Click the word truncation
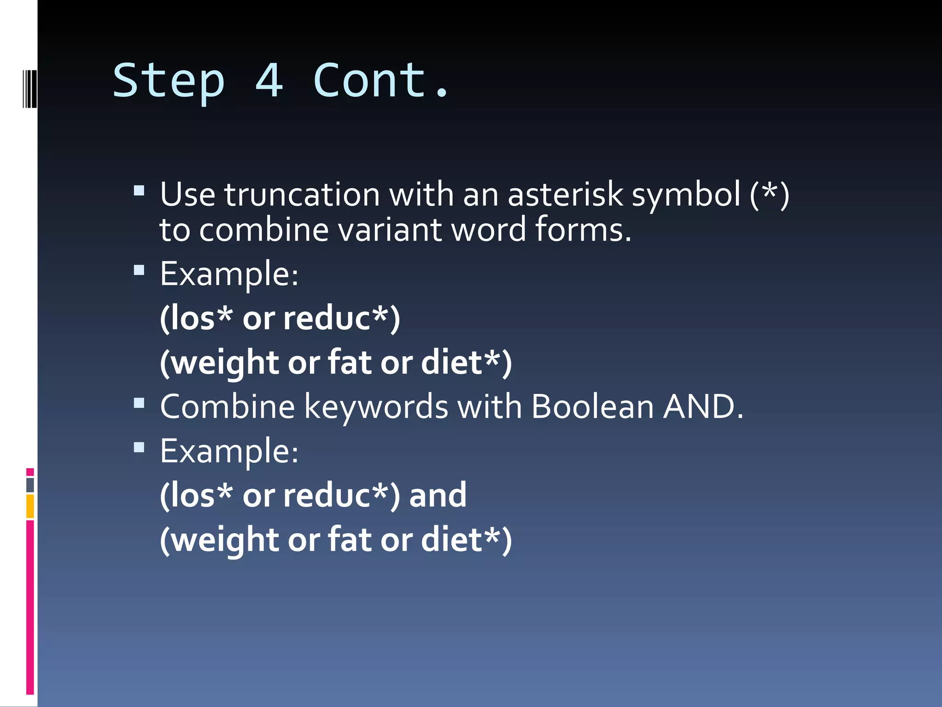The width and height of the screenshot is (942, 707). coord(302,194)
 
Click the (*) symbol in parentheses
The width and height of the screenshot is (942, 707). coord(770,194)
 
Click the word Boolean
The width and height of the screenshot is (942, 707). coord(592,407)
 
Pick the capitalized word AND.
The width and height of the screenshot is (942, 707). coord(703,407)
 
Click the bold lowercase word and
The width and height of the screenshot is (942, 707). coord(438,495)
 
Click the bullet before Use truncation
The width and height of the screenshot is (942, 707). coord(139,191)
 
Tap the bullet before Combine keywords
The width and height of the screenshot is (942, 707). coord(139,403)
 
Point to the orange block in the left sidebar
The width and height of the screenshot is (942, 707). coord(30,506)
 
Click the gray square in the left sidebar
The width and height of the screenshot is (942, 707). coord(30,485)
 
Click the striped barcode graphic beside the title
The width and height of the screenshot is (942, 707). coord(29,88)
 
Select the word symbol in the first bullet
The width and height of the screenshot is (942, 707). coord(686,195)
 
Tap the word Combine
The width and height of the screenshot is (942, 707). coord(227,407)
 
